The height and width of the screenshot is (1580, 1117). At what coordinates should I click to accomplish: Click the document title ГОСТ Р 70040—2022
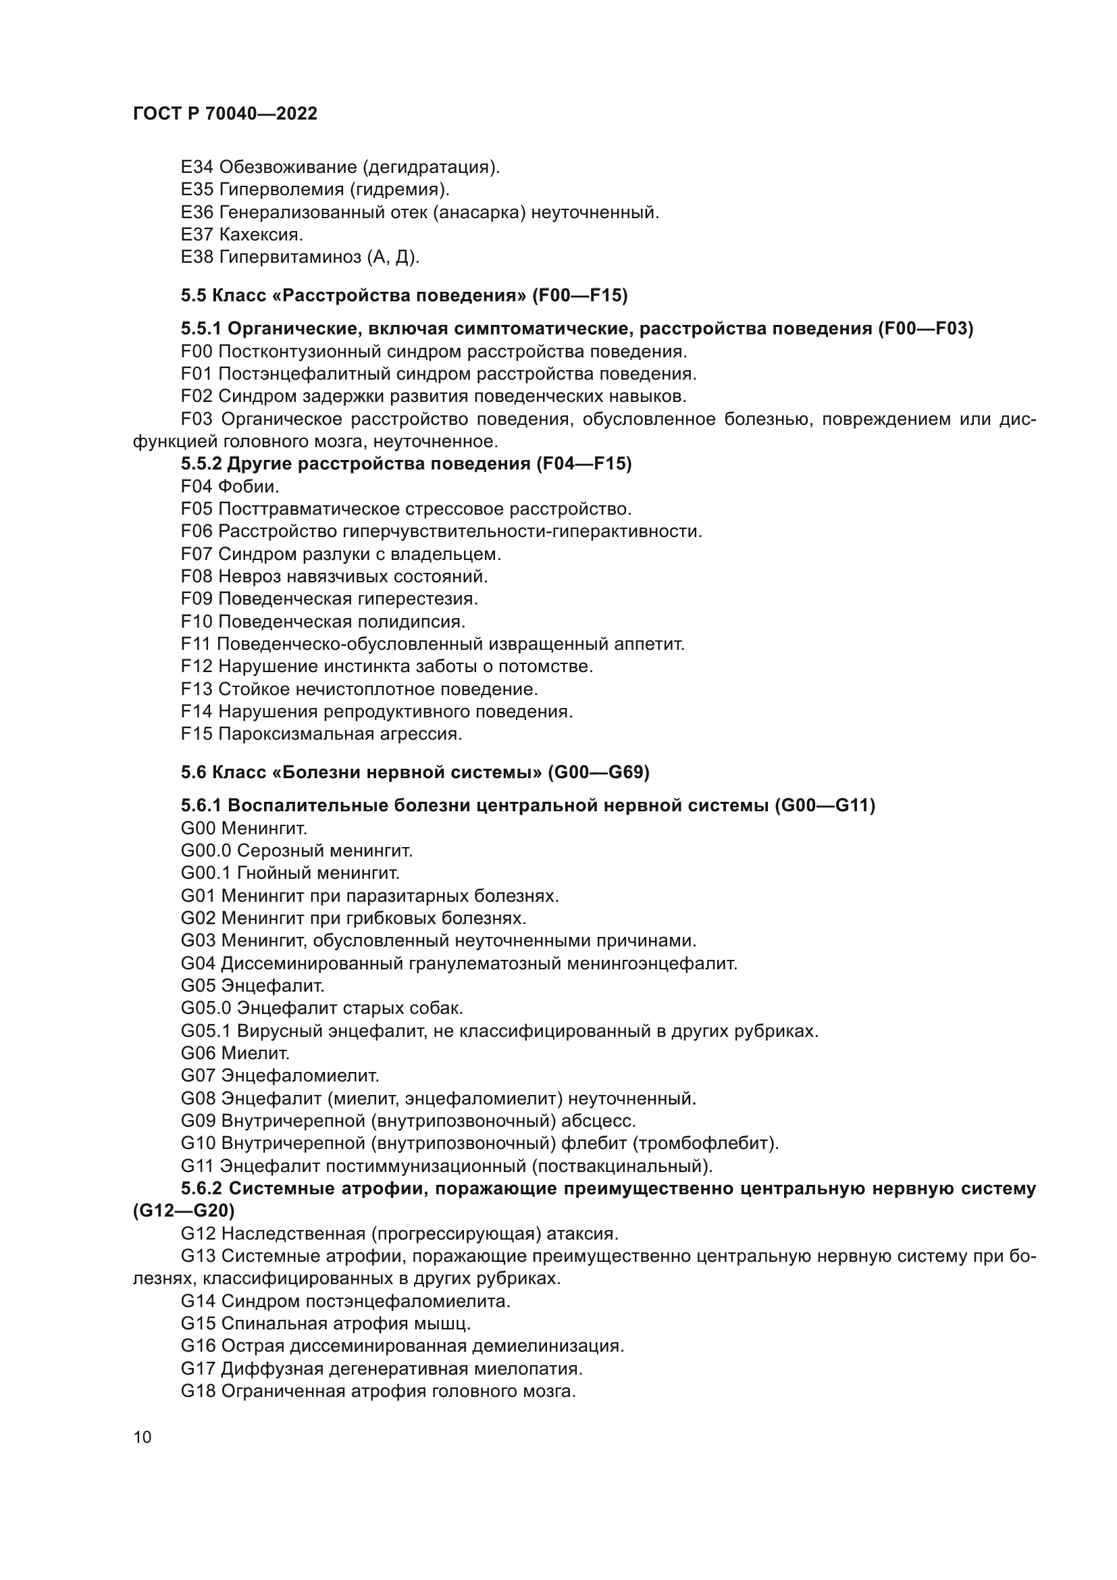tap(225, 113)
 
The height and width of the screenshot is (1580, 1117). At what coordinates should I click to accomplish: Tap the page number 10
tap(142, 1437)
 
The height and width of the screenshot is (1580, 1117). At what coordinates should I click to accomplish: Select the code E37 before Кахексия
tap(197, 234)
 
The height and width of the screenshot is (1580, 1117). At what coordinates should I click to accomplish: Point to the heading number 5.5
tap(193, 295)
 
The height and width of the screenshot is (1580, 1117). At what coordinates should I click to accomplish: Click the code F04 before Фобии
tap(197, 486)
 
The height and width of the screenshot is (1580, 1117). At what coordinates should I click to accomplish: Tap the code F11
tap(196, 644)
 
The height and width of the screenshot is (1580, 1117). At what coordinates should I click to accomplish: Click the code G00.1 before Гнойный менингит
tap(207, 873)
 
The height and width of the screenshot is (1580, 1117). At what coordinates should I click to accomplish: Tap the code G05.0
tap(207, 1008)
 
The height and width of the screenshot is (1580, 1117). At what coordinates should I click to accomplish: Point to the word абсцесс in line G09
tap(598, 1120)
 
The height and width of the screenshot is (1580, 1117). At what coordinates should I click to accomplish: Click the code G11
tap(197, 1166)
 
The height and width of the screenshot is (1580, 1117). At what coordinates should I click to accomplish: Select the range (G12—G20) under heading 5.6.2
tap(184, 1211)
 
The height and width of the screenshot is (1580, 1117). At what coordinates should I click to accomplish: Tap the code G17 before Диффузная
tap(198, 1368)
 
